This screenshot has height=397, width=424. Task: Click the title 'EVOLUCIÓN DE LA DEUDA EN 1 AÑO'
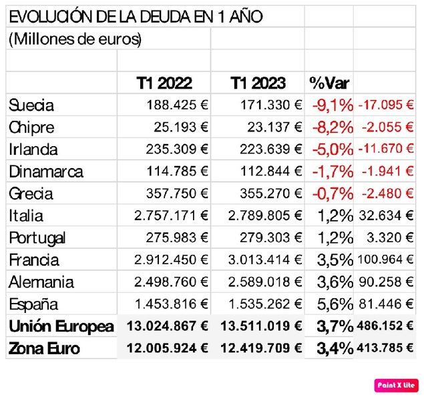point(136,17)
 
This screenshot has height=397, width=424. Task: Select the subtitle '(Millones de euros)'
point(75,39)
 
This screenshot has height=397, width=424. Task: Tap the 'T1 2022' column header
point(164,83)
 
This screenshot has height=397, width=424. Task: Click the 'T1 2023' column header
point(258,83)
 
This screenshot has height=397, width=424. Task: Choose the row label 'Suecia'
point(31,105)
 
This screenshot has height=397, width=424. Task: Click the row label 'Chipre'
point(31,127)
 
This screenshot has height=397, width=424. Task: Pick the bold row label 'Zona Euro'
point(45,348)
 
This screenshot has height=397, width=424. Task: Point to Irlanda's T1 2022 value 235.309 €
point(177,149)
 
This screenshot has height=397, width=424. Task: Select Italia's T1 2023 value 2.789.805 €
point(265,216)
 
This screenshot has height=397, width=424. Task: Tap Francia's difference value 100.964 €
point(386,260)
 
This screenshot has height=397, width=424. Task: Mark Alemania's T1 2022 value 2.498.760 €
point(171,282)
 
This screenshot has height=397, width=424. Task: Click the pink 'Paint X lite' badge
point(397,385)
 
